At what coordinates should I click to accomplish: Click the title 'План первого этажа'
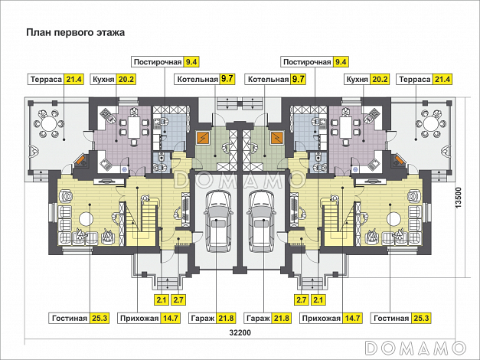coord(74,33)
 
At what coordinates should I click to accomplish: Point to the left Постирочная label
coord(157,61)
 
